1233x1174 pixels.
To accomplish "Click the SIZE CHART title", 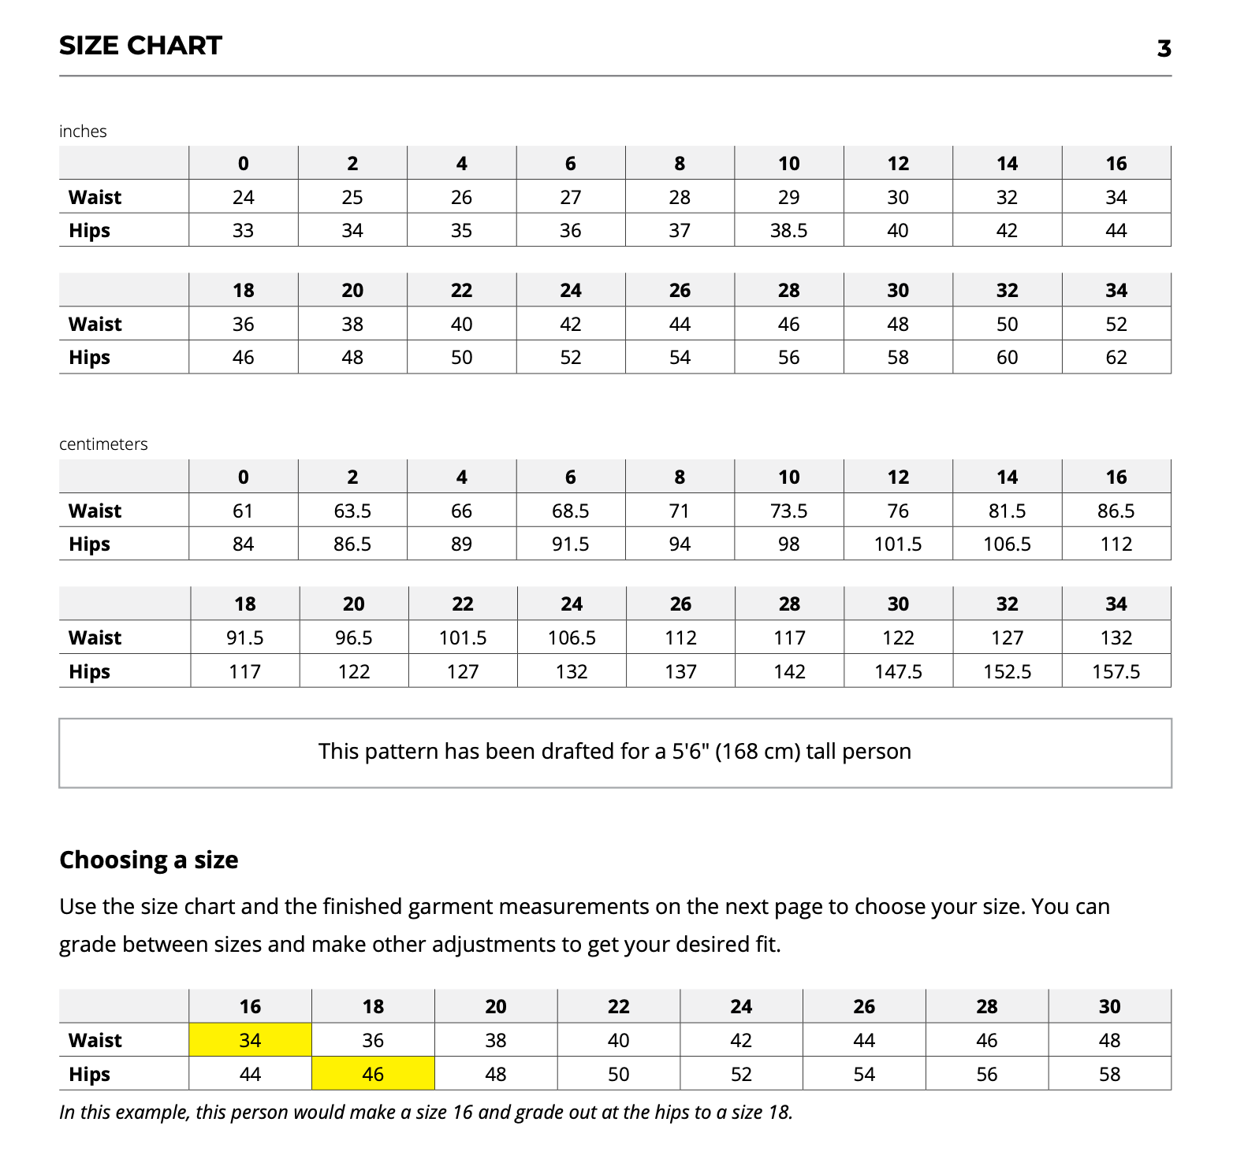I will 140,46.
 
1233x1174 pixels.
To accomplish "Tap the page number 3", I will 1164,49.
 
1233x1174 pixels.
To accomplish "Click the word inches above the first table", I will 83,132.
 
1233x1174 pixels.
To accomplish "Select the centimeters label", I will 103,444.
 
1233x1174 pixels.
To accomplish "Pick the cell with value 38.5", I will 788,231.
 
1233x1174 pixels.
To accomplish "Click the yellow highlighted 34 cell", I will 250,1040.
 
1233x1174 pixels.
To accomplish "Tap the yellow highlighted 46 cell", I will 373,1074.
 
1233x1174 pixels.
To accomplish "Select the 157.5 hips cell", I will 1116,672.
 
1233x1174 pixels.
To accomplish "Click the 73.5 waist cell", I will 788,511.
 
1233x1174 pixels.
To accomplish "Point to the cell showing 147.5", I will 898,672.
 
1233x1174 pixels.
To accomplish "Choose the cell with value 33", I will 243,231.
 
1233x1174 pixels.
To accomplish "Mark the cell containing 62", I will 1116,358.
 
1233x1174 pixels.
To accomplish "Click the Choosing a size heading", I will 148,860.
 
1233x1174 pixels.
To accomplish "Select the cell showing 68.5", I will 570,511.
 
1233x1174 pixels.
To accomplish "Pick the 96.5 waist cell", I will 353,638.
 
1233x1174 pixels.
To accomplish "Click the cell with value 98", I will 788,544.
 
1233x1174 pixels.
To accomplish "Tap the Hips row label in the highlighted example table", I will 89,1074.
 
